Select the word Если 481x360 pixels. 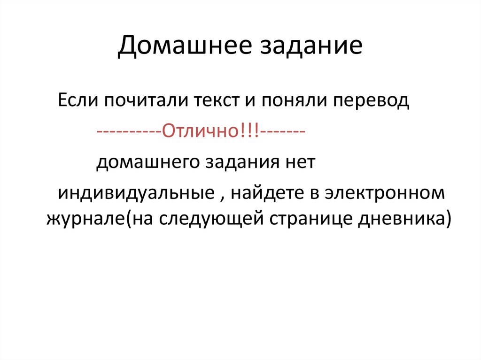[x=78, y=101]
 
